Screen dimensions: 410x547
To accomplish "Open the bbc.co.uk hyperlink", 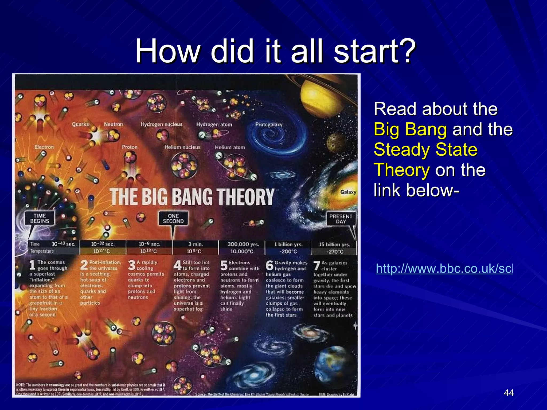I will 444,269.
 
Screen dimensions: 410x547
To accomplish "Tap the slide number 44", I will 509,393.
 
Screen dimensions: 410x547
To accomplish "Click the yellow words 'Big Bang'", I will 410,129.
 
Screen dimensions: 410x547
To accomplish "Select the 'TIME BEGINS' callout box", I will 40,218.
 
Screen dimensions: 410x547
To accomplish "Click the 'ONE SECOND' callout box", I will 173,219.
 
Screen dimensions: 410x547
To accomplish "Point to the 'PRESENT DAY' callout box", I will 341,219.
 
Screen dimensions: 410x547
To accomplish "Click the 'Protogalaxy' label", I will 269,125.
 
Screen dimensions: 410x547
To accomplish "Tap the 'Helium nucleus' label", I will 182,147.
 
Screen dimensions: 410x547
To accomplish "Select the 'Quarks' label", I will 80,124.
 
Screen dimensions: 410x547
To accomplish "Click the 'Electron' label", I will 44,147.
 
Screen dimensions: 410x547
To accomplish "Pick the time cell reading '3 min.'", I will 196,244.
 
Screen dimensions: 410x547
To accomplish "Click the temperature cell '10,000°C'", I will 242,251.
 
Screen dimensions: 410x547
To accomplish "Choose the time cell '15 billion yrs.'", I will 334,245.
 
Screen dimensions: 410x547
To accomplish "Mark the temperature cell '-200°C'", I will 288,251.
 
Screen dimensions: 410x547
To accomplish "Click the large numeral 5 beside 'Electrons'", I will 224,266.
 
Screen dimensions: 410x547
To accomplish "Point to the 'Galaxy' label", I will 348,192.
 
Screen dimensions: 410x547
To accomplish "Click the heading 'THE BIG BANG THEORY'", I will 192,197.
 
